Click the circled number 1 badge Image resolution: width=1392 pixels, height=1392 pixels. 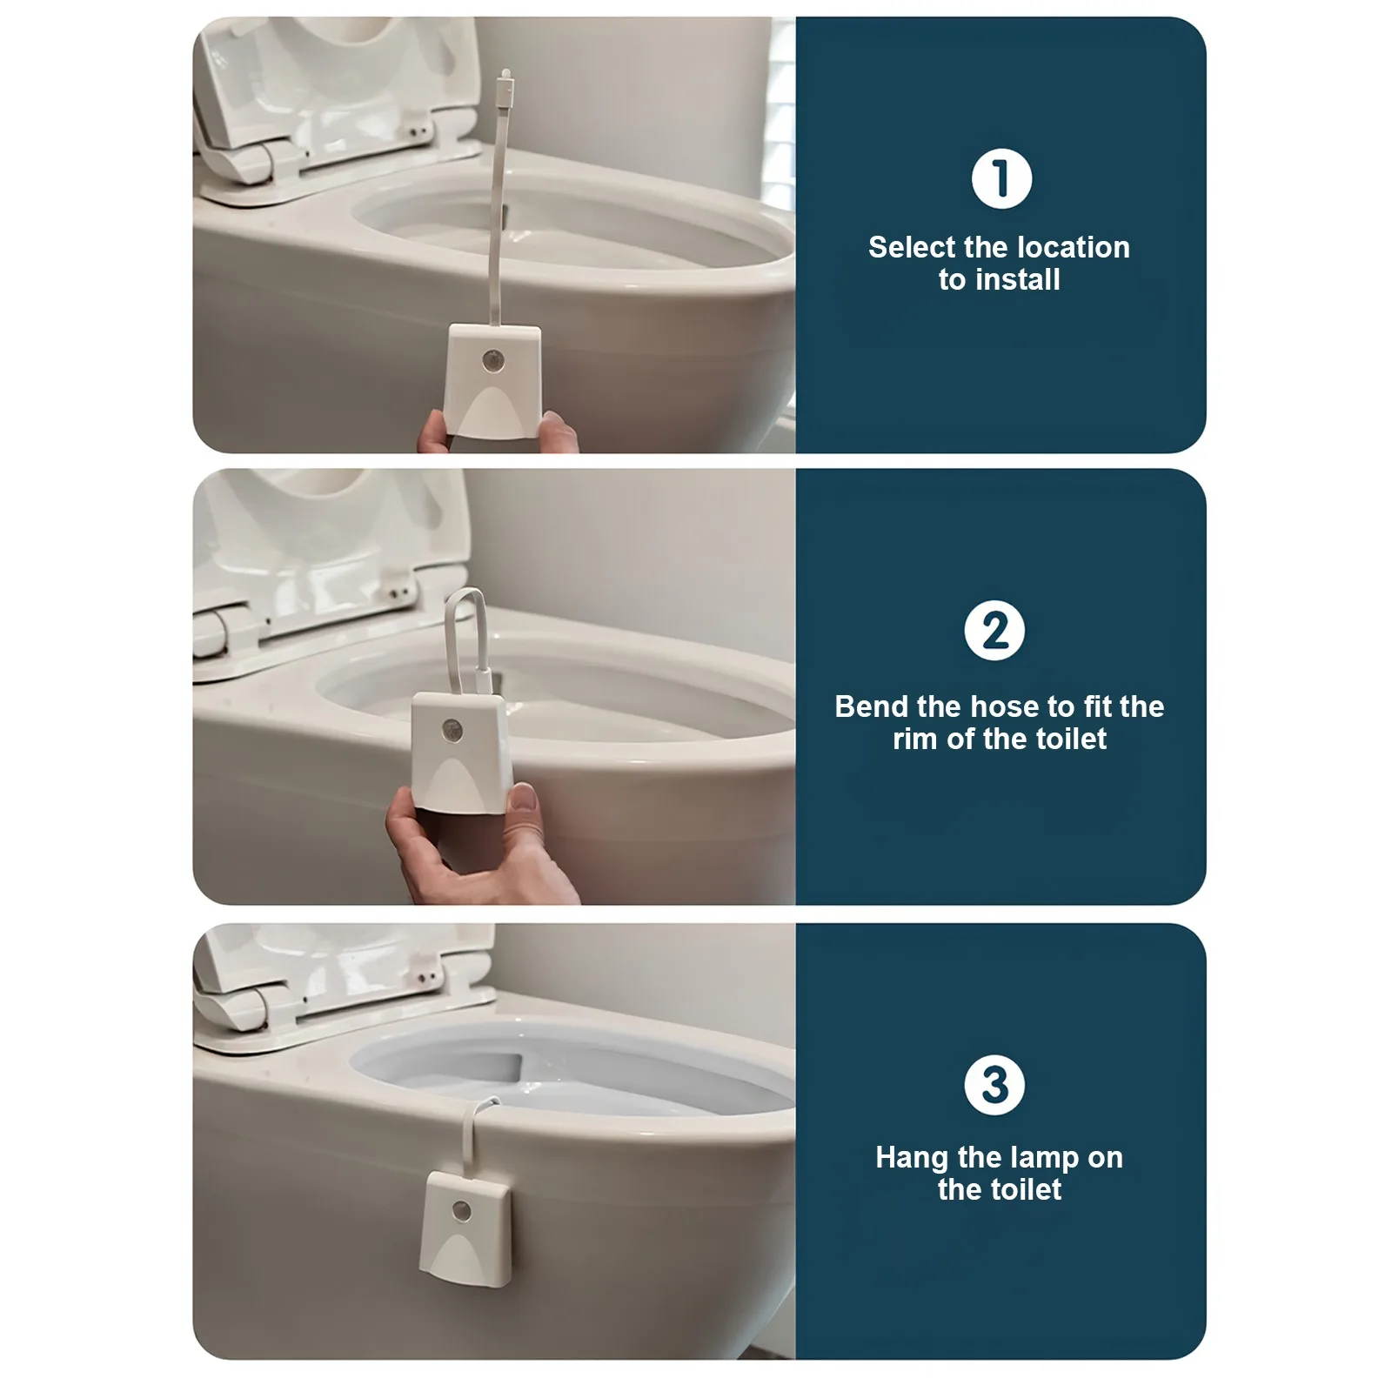coord(1001,179)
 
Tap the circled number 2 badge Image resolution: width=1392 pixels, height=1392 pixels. coord(994,631)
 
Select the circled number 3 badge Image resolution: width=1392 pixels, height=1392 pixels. coord(994,1085)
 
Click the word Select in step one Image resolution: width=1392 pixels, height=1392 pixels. coord(911,247)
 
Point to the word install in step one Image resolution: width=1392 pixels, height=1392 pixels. coord(1018,279)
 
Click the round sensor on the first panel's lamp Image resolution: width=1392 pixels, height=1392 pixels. coord(493,359)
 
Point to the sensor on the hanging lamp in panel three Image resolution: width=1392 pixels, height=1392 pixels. coord(462,1210)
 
